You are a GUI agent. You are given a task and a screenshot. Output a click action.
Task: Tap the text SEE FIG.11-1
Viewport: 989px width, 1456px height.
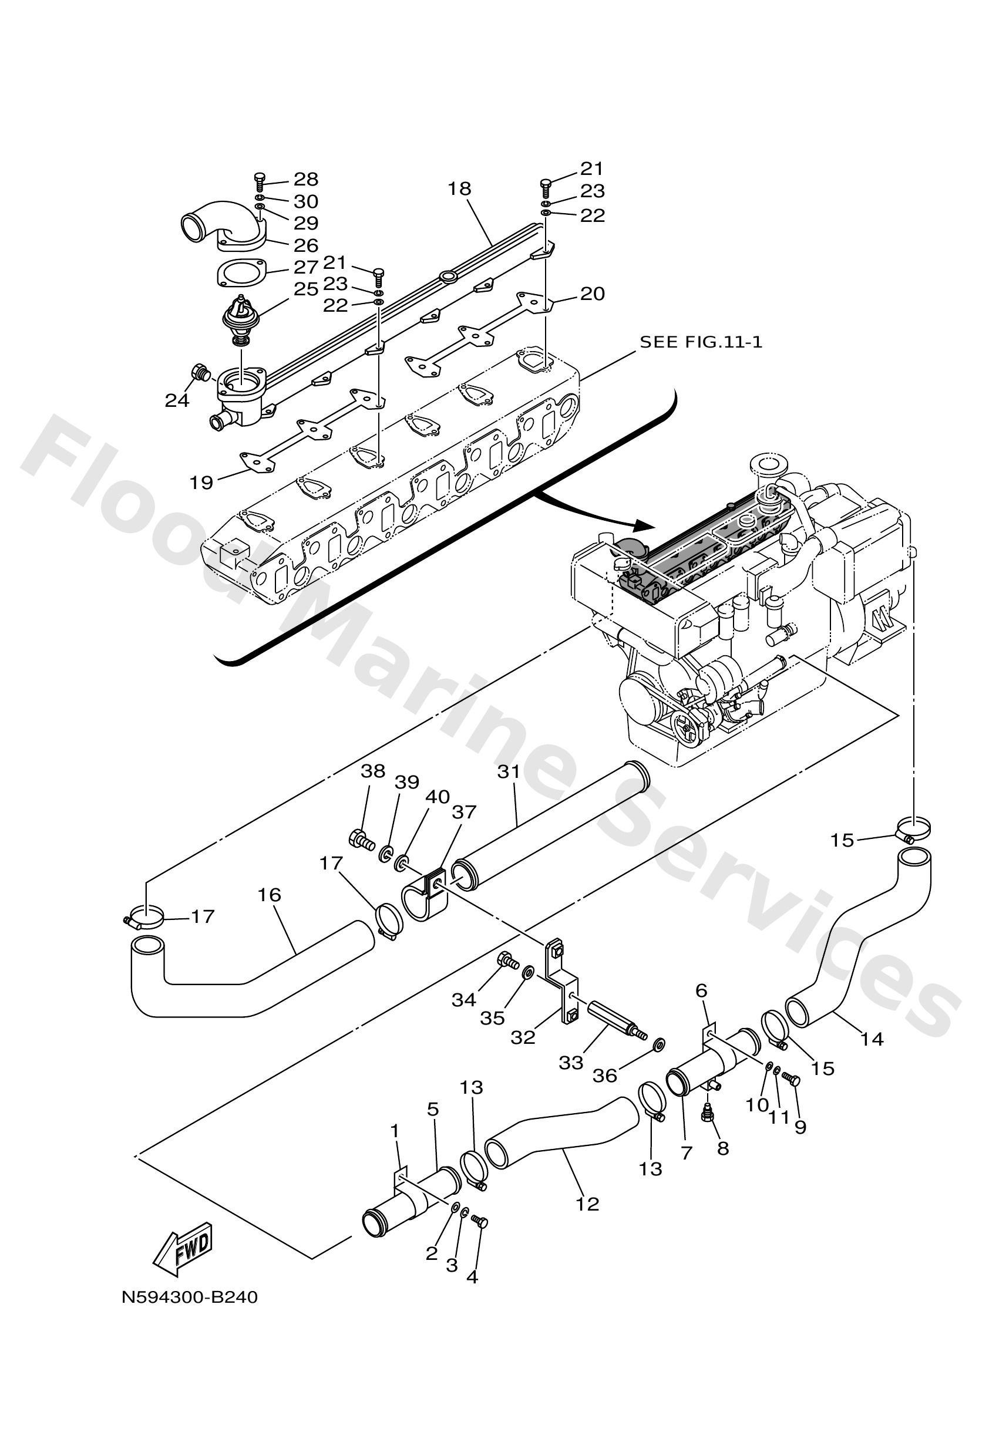tap(701, 342)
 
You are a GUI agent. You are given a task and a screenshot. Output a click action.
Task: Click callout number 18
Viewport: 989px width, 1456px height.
tap(459, 188)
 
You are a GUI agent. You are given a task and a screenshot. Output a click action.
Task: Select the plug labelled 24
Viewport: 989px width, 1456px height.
tap(200, 373)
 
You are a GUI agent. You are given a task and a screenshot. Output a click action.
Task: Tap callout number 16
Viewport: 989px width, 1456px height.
tap(270, 894)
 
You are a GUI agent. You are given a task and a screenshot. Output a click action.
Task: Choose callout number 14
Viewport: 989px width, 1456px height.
tap(872, 1039)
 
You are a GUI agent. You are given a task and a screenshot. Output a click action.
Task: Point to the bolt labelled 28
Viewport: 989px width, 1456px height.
tap(261, 180)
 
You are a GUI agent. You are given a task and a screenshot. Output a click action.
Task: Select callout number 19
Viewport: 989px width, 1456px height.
tap(202, 483)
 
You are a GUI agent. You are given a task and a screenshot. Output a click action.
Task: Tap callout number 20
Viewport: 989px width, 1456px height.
tap(592, 293)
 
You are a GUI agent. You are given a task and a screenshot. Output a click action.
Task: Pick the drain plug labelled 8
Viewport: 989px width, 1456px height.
tap(708, 1117)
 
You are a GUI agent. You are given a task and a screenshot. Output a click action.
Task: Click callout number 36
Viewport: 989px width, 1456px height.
tap(605, 1075)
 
